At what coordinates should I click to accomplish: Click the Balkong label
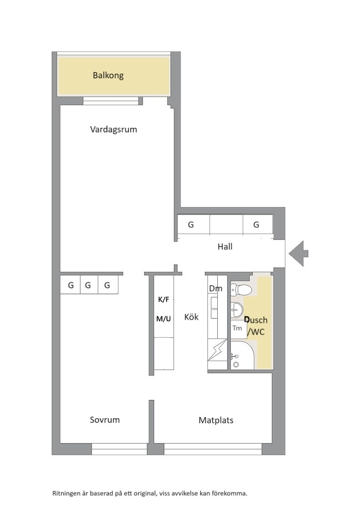tap(108, 75)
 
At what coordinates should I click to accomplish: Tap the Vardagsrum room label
tap(114, 130)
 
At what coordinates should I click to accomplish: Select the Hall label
tap(225, 247)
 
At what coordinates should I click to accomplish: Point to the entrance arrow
tap(298, 254)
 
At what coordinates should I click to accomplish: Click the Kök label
tap(191, 317)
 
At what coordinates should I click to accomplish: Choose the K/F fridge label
tap(164, 299)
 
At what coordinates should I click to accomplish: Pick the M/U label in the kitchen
tap(164, 319)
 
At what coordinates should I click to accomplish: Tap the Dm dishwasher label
tap(215, 288)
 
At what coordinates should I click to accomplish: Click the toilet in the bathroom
tap(240, 289)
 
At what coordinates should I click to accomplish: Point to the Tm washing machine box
tap(239, 329)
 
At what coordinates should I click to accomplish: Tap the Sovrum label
tap(105, 420)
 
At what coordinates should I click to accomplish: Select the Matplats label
tap(216, 420)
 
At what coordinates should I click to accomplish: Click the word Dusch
tap(256, 320)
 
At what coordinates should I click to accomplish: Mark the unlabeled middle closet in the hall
tap(226, 225)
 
